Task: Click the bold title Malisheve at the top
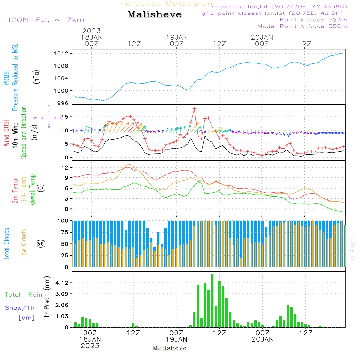point(154,15)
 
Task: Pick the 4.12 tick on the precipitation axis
point(62,283)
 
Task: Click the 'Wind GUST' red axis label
point(6,133)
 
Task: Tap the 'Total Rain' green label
point(23,295)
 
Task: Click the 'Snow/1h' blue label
point(20,308)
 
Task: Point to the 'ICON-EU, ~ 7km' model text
point(46,20)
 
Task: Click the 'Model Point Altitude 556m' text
point(302,26)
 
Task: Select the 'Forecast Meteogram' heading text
point(168,4)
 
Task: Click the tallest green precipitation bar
point(212,301)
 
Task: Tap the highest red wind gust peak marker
point(194,108)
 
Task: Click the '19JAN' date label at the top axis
point(176,37)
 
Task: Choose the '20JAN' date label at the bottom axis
point(262,339)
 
